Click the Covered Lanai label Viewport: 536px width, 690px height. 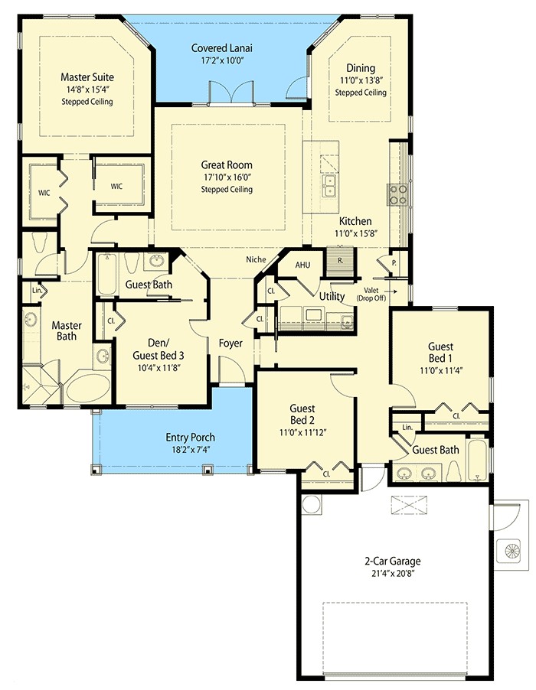(x=222, y=48)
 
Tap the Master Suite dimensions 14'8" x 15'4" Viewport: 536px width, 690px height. (x=87, y=89)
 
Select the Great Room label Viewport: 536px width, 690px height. (x=227, y=164)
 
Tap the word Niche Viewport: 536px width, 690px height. (x=256, y=259)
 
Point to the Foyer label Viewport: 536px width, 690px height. (x=230, y=343)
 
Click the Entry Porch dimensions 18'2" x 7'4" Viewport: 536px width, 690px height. (x=191, y=449)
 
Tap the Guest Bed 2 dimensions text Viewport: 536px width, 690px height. (x=302, y=431)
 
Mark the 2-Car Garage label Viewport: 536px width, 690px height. (x=393, y=561)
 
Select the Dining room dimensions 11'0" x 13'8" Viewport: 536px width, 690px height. (x=360, y=80)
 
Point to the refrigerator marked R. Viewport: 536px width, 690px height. (x=339, y=259)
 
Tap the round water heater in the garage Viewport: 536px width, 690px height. (x=312, y=505)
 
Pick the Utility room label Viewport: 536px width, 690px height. (x=332, y=296)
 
